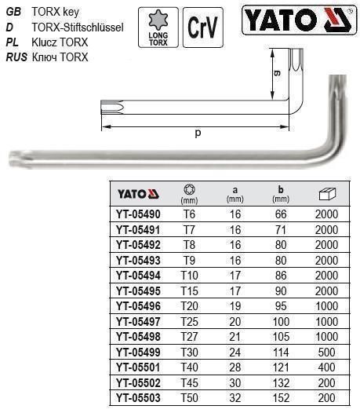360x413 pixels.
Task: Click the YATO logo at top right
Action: (301, 23)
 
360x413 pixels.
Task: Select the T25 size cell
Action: (189, 321)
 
